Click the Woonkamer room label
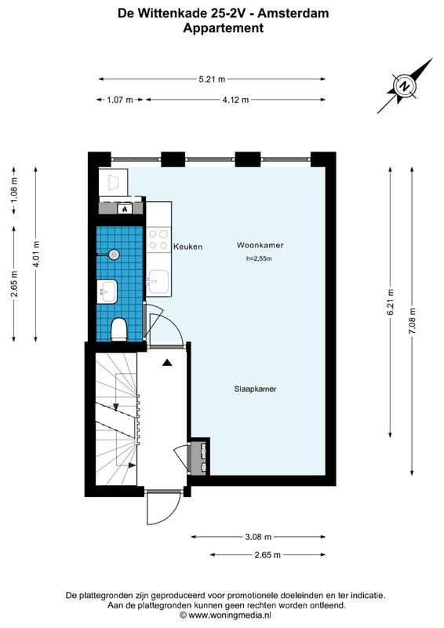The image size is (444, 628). pos(260,245)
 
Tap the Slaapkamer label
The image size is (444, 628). pos(255,389)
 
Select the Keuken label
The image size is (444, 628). pos(187,246)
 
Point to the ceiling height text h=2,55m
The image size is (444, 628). pos(259,259)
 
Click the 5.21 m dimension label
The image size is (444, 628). pos(212,79)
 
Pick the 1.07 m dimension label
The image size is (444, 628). pos(120,100)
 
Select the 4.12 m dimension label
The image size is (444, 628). pos(235,100)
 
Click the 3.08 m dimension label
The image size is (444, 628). pos(258,537)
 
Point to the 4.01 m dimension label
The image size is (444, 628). pos(36,254)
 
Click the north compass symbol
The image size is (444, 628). pos(405,86)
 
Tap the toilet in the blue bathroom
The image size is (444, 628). pos(119,329)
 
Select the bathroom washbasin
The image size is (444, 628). pos(107,290)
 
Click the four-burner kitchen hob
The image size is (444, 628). pos(158,239)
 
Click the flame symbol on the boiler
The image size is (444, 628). pos(125,209)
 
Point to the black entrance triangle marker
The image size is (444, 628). pos(167,363)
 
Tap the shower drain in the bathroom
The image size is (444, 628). pos(115,254)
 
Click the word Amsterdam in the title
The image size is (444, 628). pos(293,13)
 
